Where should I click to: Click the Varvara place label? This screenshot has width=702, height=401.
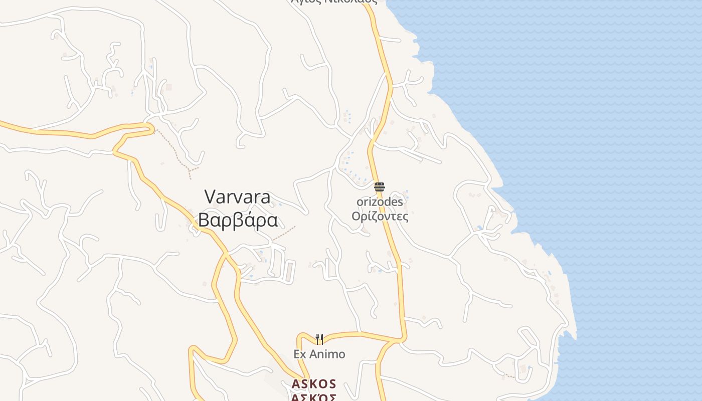238,197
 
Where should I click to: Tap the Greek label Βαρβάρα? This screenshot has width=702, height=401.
238,220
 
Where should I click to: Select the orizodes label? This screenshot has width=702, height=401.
380,202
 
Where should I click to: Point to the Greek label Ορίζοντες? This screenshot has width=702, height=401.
380,216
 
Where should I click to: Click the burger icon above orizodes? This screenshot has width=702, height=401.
380,187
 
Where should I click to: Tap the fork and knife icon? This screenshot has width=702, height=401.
319,339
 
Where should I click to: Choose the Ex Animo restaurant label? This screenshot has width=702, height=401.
319,354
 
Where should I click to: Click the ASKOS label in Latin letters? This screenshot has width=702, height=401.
314,384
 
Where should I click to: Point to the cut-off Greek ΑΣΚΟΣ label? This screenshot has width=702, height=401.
314,397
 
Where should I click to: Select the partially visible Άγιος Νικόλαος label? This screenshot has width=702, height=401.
334,2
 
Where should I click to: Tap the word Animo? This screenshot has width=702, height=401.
327,354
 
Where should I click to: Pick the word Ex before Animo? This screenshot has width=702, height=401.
300,354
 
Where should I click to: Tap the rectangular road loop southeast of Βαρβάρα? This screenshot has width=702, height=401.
289,271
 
